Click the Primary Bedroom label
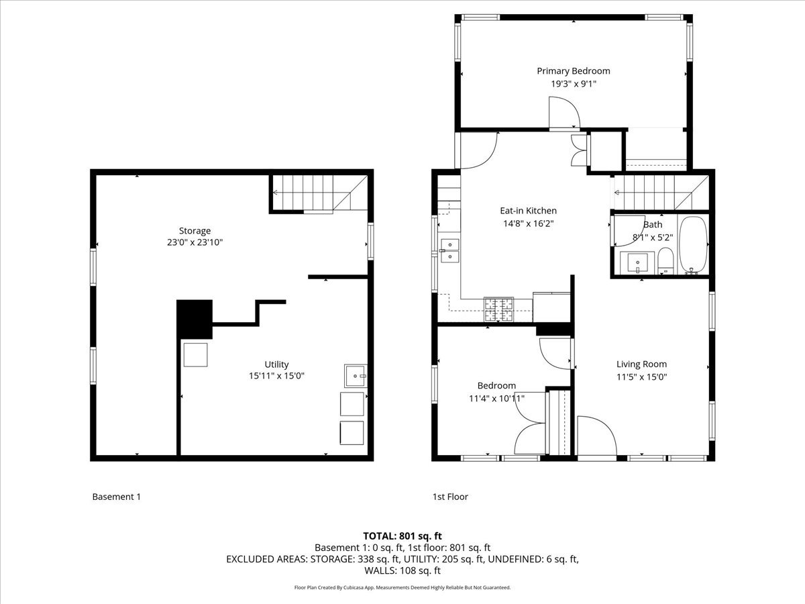(573, 70)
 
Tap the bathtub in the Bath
(693, 245)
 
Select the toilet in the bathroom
(665, 260)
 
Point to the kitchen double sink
(449, 250)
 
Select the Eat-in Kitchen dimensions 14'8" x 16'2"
(528, 223)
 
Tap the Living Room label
(641, 364)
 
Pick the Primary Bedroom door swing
(563, 113)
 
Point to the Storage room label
(195, 230)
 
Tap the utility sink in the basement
(356, 376)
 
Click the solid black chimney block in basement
(195, 319)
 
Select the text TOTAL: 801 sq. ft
(402, 536)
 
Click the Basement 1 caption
(116, 497)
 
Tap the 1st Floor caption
(450, 497)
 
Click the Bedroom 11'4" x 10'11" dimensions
(496, 398)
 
